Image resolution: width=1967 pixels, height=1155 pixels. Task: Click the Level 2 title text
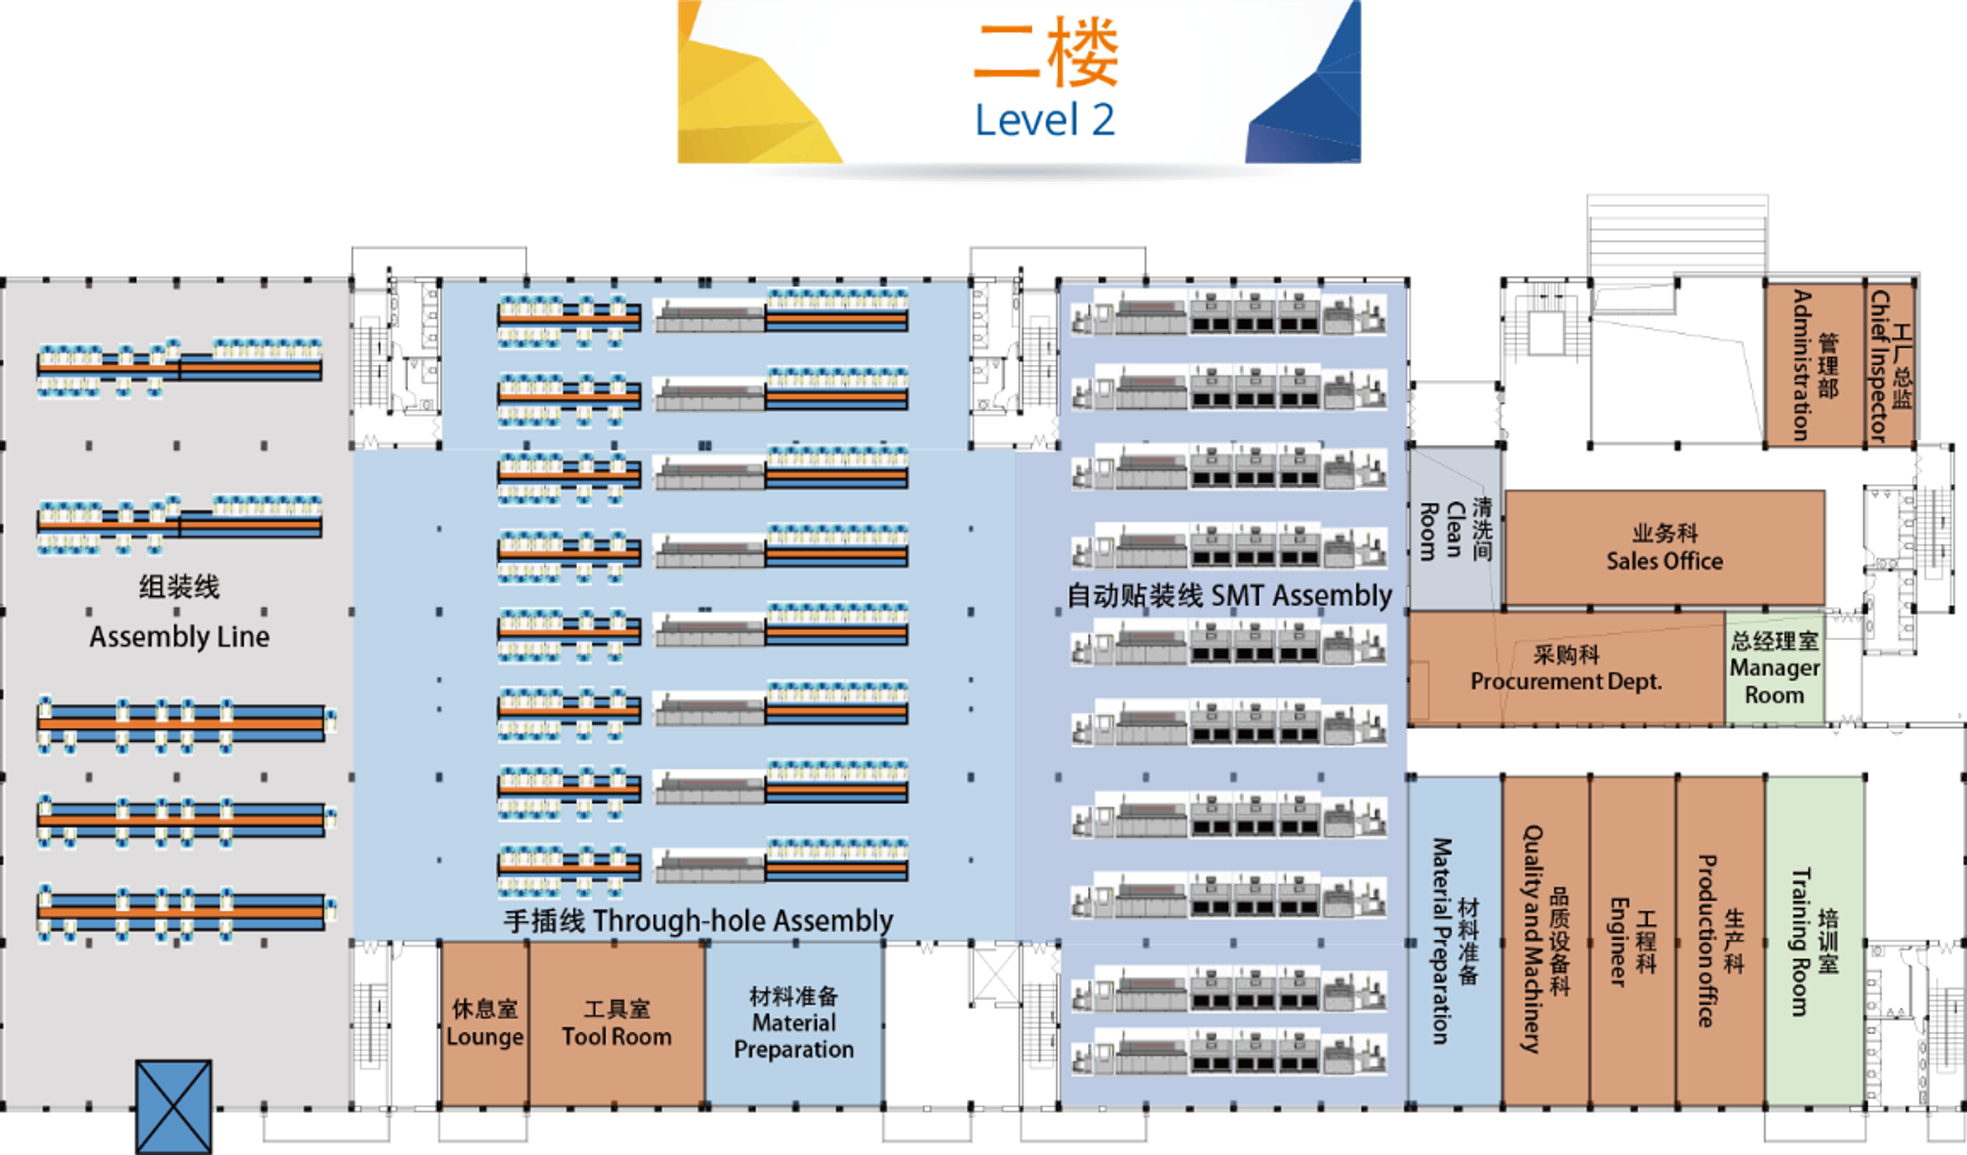coord(1045,121)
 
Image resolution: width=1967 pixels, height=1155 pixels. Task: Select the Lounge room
coord(485,1024)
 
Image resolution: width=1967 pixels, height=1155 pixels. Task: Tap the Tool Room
coord(616,1024)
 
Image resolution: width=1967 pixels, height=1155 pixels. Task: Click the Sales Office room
coord(1664,548)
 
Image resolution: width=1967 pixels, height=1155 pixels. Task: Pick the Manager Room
coord(1774,668)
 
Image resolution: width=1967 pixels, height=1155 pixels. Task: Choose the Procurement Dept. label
coord(1566,669)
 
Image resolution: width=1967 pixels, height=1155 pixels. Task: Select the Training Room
coord(1814,941)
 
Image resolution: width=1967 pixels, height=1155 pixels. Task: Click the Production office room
coord(1719,941)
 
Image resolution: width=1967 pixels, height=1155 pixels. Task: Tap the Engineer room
coord(1632,941)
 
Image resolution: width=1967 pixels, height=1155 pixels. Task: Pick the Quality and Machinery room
coord(1545,941)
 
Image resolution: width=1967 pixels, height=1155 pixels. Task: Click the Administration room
coord(1814,365)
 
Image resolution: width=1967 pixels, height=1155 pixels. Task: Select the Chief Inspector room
coord(1889,365)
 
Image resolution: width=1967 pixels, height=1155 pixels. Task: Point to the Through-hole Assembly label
coord(698,920)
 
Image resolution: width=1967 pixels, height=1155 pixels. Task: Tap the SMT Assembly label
coord(1230,596)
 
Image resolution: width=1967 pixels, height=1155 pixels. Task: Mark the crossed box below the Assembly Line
coord(174,1105)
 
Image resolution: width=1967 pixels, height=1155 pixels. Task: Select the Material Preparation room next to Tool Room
coord(794,1024)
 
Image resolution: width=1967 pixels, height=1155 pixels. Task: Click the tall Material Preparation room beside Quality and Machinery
coord(1454,941)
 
